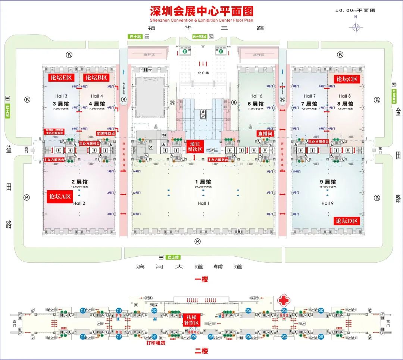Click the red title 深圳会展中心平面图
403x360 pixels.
coord(201,11)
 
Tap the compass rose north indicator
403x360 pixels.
coord(356,27)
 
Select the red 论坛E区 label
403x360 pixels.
coord(61,78)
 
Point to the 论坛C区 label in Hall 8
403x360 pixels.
coord(347,79)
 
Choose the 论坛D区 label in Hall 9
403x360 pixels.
coord(347,221)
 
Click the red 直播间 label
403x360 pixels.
coord(265,133)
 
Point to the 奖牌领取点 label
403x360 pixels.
coord(106,133)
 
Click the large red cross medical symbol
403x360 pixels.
coord(283,301)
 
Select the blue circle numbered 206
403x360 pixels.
coord(249,310)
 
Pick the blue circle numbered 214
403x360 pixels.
coord(119,310)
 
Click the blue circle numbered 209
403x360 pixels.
coord(193,337)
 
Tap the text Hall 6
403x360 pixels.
coord(256,96)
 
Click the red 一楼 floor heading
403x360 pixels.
coord(201,279)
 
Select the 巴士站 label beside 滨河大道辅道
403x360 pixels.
coord(173,257)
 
